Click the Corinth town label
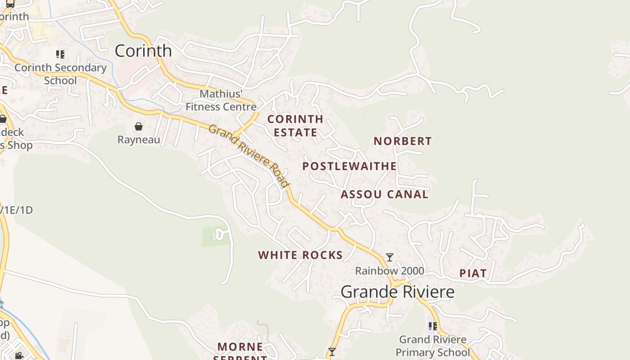click(x=143, y=51)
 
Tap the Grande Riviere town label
click(x=397, y=292)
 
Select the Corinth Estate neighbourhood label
click(x=295, y=126)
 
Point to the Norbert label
click(x=403, y=141)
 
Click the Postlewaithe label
click(x=350, y=166)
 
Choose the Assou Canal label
click(x=384, y=194)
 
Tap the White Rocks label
click(x=301, y=255)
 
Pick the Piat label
click(x=473, y=273)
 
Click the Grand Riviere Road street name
click(x=249, y=156)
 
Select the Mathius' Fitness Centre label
click(x=221, y=100)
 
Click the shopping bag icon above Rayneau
click(x=139, y=126)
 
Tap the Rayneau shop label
click(x=139, y=140)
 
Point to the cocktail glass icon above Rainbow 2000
click(x=390, y=257)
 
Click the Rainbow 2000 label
click(x=390, y=271)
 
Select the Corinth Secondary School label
click(x=60, y=74)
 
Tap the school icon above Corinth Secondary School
click(x=60, y=54)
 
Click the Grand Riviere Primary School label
click(x=432, y=346)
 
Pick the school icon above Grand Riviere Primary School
click(x=432, y=326)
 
